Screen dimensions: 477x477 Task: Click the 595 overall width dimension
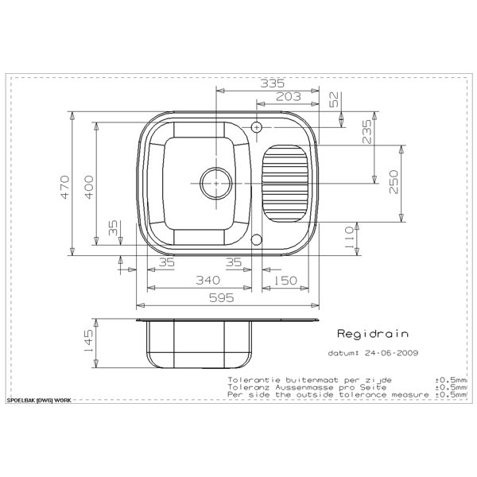pos(222,297)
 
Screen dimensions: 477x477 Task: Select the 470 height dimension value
pos(65,187)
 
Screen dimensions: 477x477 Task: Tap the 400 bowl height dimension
pos(89,187)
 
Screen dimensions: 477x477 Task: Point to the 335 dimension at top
pos(272,83)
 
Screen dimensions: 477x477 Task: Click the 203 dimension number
pos(289,97)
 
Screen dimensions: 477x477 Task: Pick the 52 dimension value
pos(334,99)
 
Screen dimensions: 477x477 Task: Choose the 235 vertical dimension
pos(366,132)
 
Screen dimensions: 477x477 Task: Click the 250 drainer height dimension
pos(394,182)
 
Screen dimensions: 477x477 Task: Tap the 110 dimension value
pos(349,237)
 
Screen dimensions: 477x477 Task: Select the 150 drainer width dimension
pos(285,281)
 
